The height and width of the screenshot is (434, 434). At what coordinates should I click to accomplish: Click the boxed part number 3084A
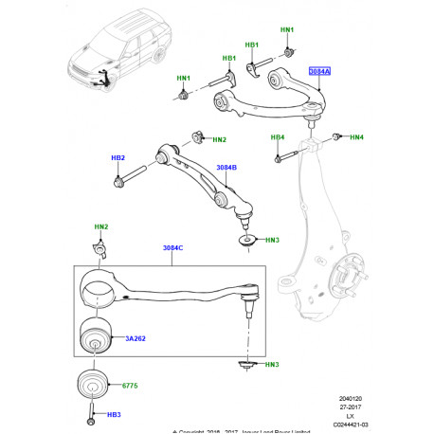320,70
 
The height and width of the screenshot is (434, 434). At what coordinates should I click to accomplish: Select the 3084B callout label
226,168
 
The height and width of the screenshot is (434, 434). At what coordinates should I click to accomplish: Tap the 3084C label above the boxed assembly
173,248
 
